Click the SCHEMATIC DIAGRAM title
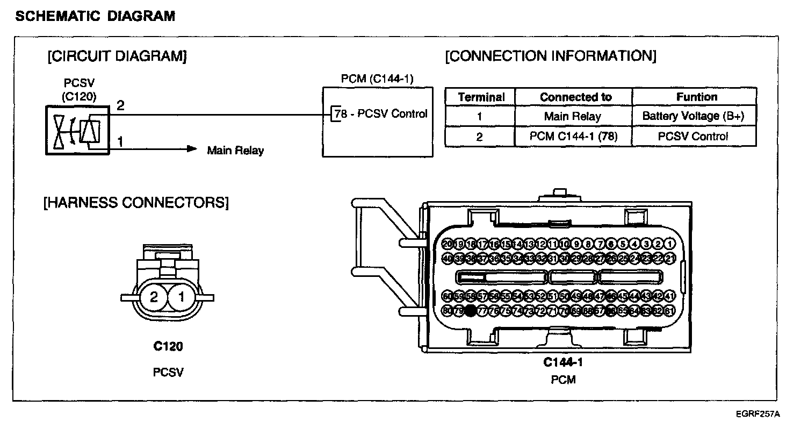96,16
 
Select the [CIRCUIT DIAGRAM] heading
117,56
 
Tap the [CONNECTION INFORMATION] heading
551,56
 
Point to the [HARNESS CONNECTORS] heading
136,203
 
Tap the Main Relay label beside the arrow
235,151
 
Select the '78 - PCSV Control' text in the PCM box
381,114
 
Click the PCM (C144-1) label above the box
377,80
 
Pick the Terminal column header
481,97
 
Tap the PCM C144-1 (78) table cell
573,137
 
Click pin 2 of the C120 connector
154,297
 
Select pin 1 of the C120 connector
182,297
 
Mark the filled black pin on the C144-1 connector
471,310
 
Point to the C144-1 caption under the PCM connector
562,362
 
